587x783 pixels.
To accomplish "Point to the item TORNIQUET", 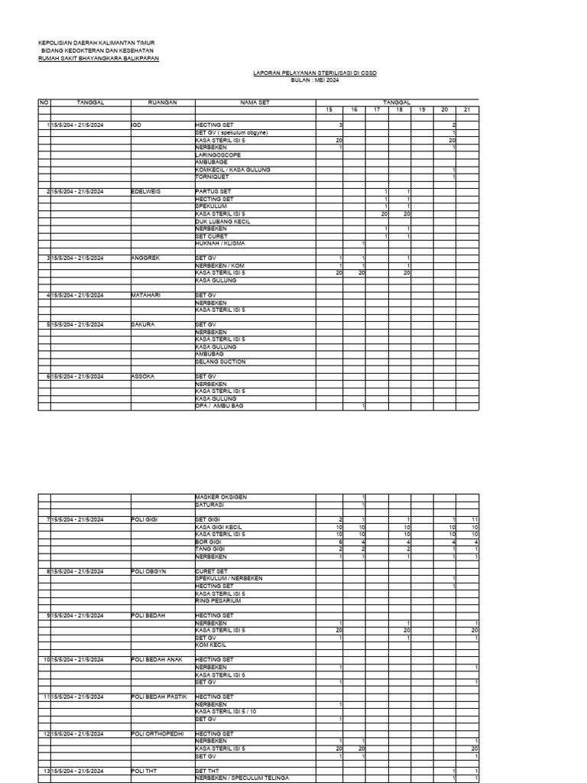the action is (211, 177).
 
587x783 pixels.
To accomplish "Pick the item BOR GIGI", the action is (207, 541).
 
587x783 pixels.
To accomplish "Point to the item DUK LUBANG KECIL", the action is (223, 222).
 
